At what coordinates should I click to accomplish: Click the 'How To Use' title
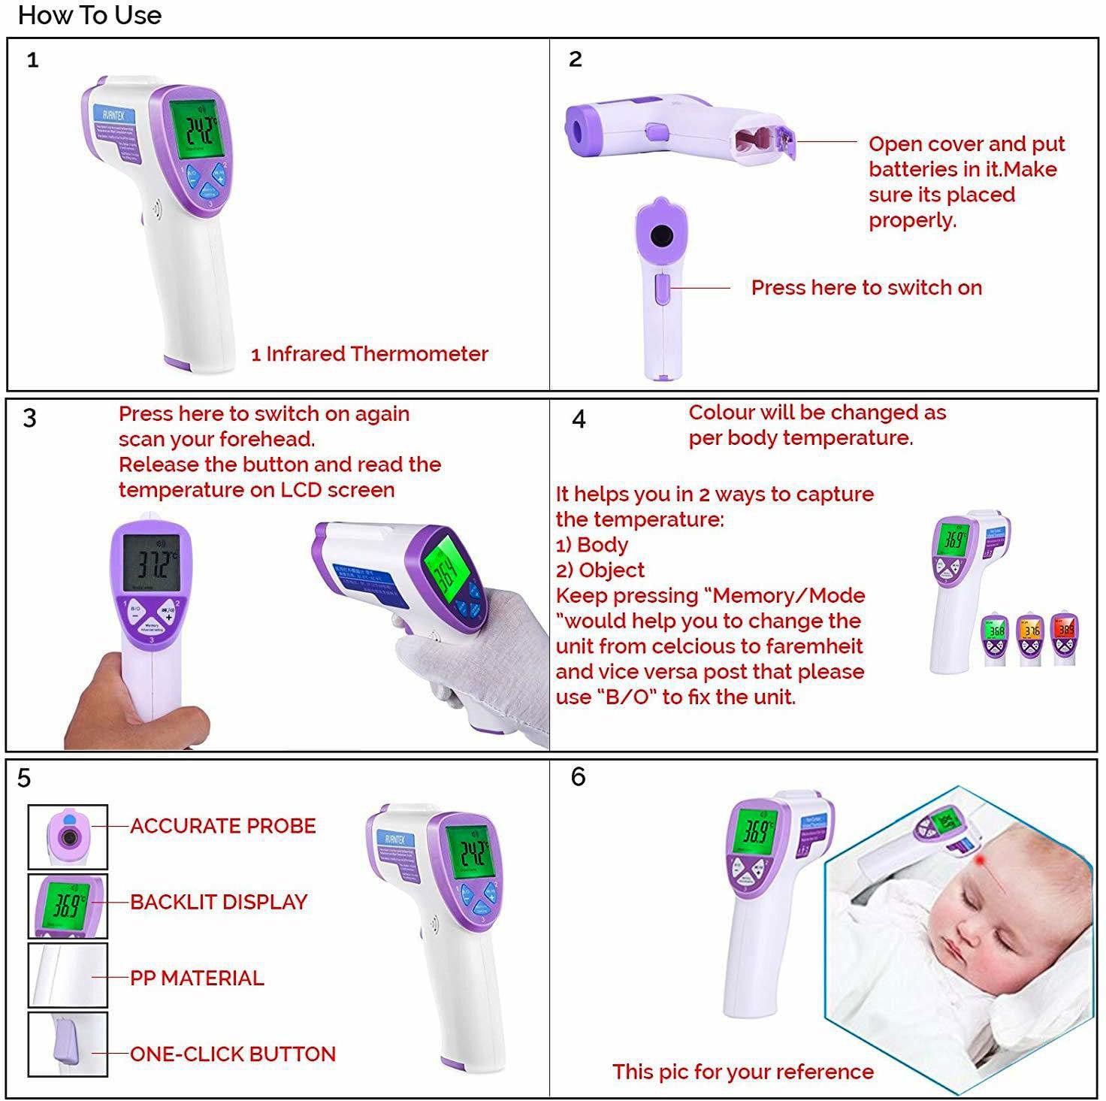[x=89, y=15]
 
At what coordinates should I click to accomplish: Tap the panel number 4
[x=579, y=419]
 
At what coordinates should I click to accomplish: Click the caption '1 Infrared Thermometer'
[x=370, y=354]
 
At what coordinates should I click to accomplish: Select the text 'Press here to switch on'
[x=866, y=288]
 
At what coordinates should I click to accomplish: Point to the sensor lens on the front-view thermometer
[x=661, y=236]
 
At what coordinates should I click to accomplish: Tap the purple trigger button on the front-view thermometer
[x=661, y=289]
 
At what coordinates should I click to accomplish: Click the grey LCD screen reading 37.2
[x=151, y=562]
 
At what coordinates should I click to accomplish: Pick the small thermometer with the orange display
[x=1030, y=639]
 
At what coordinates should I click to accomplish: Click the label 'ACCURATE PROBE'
[x=222, y=826]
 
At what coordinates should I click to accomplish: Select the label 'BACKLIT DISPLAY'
[x=219, y=902]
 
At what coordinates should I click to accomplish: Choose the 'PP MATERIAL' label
[x=197, y=978]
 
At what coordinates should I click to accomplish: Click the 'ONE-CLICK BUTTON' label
[x=233, y=1054]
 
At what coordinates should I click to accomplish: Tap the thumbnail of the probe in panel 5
[x=68, y=836]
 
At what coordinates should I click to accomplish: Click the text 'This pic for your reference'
[x=742, y=1072]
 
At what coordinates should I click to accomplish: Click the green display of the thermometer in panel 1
[x=194, y=129]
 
